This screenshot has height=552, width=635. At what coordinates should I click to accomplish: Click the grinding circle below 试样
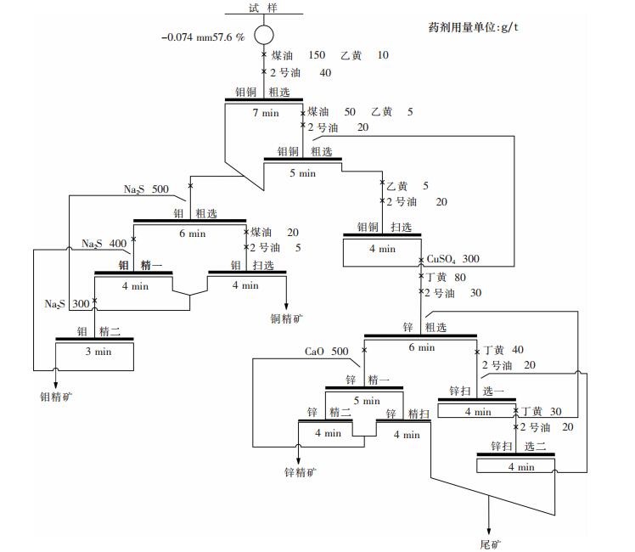[264, 36]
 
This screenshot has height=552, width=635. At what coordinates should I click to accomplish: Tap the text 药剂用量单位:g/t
[473, 26]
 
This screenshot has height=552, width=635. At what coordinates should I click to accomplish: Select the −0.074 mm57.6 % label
[204, 37]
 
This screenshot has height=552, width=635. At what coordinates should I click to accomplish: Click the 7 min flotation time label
[265, 112]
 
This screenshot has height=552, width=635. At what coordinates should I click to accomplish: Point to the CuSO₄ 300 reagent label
[453, 259]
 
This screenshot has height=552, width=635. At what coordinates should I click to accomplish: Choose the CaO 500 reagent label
[327, 352]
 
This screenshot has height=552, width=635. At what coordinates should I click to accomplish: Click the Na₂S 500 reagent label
[147, 189]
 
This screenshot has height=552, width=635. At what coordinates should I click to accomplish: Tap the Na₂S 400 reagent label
[104, 244]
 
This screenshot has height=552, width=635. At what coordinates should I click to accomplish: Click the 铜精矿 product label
[287, 318]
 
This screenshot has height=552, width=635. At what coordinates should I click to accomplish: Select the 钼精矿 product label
[57, 396]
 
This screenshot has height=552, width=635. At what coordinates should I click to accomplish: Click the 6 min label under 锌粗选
[421, 347]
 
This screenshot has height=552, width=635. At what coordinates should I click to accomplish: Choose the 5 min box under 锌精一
[365, 400]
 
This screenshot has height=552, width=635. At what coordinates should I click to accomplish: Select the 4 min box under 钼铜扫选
[382, 250]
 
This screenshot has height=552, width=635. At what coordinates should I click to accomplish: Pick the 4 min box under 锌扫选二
[520, 466]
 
